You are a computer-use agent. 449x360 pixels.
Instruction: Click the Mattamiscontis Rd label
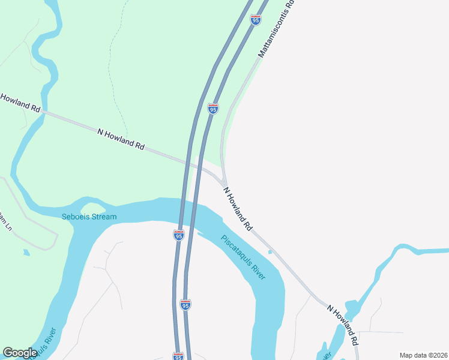tap(277, 29)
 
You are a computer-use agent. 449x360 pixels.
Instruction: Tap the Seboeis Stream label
tap(89, 217)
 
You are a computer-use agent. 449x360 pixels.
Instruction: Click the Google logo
tap(20, 353)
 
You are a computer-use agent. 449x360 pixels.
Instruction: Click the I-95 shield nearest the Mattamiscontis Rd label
tap(256, 20)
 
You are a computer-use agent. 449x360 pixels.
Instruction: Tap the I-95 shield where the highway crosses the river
tap(179, 235)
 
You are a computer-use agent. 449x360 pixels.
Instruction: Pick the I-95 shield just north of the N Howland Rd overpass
tap(212, 109)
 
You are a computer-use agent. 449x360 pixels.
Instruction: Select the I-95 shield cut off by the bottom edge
tap(178, 356)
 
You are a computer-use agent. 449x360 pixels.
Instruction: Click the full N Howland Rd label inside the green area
tap(121, 138)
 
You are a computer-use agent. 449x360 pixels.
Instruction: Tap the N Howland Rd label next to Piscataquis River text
tap(238, 209)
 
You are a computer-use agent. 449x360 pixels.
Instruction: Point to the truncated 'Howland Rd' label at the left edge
tap(20, 103)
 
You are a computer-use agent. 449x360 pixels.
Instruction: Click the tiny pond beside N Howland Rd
tap(270, 251)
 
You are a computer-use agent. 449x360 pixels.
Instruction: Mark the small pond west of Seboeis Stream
tap(26, 253)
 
